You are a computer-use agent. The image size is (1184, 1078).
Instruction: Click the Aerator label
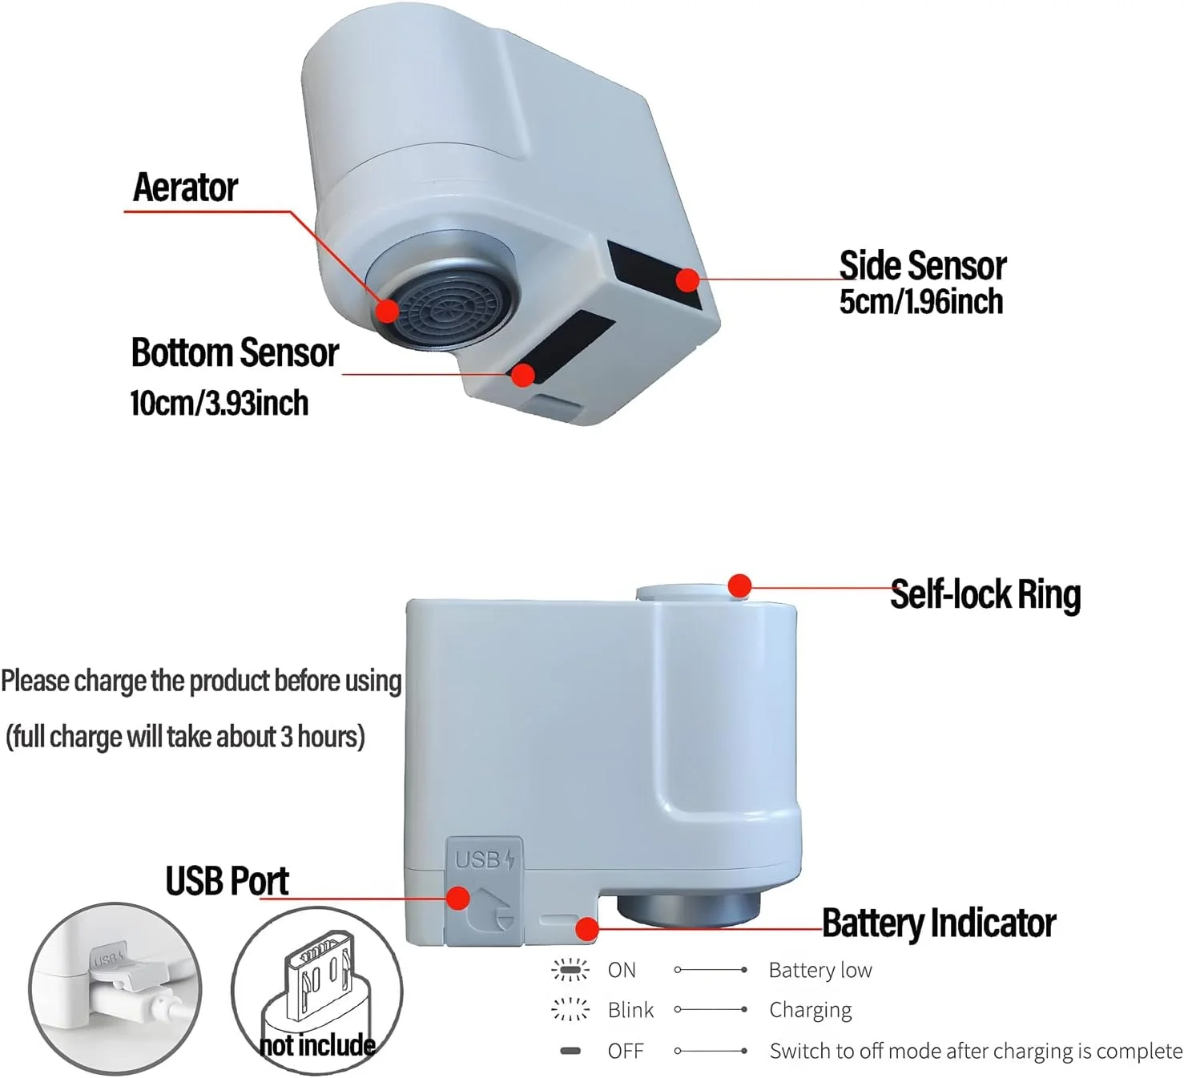(x=185, y=187)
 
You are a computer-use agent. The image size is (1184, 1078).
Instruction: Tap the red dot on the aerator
(x=388, y=310)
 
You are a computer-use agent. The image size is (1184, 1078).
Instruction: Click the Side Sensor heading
(x=922, y=266)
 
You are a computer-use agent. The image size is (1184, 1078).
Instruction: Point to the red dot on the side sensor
(x=687, y=280)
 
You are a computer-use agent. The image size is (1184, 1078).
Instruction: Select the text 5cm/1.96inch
(x=921, y=302)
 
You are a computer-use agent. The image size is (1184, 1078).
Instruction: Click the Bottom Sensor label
(x=235, y=353)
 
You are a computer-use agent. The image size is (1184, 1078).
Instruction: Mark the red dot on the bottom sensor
(x=524, y=375)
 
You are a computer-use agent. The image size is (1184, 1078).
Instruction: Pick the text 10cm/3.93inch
(x=219, y=402)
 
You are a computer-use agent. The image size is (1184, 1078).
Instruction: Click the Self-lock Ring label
(x=985, y=595)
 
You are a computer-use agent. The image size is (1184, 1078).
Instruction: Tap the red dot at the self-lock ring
(x=740, y=585)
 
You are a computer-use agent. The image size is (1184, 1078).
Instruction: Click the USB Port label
(x=227, y=881)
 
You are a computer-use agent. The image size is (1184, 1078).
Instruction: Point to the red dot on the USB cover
(x=458, y=898)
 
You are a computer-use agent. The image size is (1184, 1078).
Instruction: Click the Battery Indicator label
(x=939, y=923)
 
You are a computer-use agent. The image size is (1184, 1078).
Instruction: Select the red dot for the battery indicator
(x=587, y=929)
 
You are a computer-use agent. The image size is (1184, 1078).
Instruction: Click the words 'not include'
(x=317, y=1045)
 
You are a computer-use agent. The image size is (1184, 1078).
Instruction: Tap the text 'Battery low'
(x=820, y=971)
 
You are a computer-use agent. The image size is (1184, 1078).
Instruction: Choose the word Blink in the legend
(x=630, y=1011)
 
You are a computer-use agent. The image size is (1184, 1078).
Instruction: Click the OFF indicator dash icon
(x=570, y=1051)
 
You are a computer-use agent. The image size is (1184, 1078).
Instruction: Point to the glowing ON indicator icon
(x=570, y=971)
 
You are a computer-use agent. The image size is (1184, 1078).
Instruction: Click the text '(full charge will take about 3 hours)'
(x=185, y=737)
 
